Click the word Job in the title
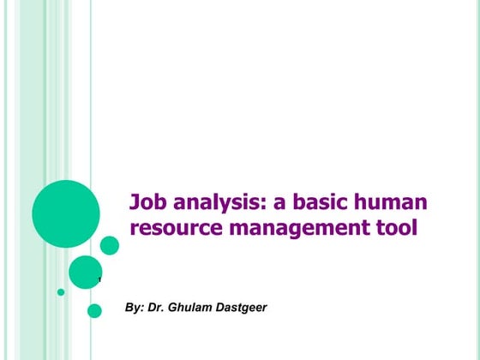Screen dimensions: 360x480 (x=147, y=203)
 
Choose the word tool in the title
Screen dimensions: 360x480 (x=398, y=229)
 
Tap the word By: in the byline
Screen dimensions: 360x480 (x=135, y=307)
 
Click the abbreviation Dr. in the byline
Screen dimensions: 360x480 (x=160, y=307)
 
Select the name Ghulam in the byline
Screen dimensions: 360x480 (x=195, y=307)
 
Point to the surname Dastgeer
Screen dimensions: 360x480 (x=243, y=307)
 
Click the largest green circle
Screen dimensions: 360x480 (x=66, y=213)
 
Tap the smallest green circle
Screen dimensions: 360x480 (x=61, y=291)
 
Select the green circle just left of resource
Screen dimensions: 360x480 (x=110, y=245)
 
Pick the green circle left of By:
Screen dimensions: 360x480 (x=94, y=310)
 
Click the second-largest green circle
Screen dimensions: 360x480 (x=86, y=272)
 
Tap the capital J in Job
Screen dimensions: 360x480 (x=135, y=203)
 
